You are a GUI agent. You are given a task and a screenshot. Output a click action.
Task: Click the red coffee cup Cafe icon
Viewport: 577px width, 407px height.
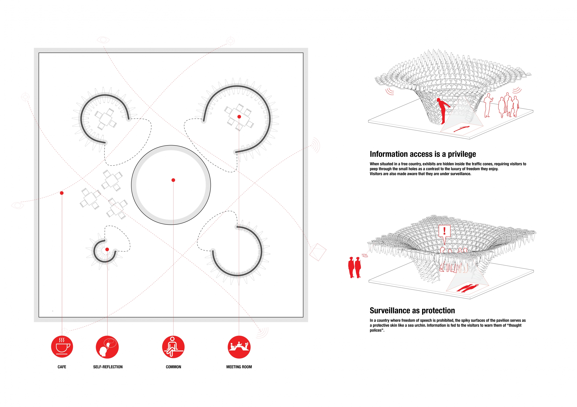pos(62,347)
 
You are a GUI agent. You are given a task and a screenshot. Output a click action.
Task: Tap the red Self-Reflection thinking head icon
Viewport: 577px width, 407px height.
pos(107,347)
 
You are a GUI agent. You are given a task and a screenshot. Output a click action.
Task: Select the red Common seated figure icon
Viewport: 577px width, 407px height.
pos(173,347)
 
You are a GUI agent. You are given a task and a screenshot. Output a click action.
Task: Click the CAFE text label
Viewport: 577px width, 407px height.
pos(62,367)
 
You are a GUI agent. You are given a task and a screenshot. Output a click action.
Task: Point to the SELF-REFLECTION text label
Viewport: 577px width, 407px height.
pos(108,367)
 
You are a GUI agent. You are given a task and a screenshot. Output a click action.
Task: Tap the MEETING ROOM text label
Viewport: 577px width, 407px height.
pos(239,367)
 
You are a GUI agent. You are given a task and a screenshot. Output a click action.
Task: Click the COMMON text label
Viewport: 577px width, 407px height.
pos(173,367)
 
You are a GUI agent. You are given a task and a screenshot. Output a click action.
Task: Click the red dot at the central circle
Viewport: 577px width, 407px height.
pos(173,180)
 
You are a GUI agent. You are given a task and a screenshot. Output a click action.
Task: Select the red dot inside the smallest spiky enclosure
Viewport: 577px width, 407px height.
pos(107,249)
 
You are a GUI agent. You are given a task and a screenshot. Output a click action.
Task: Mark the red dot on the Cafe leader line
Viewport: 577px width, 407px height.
pos(62,193)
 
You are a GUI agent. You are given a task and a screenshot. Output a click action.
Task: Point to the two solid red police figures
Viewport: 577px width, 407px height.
pos(355,267)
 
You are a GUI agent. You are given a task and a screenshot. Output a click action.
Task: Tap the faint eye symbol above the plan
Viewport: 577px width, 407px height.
pos(103,40)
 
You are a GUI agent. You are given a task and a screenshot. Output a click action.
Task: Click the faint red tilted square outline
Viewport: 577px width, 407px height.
pos(318,252)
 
